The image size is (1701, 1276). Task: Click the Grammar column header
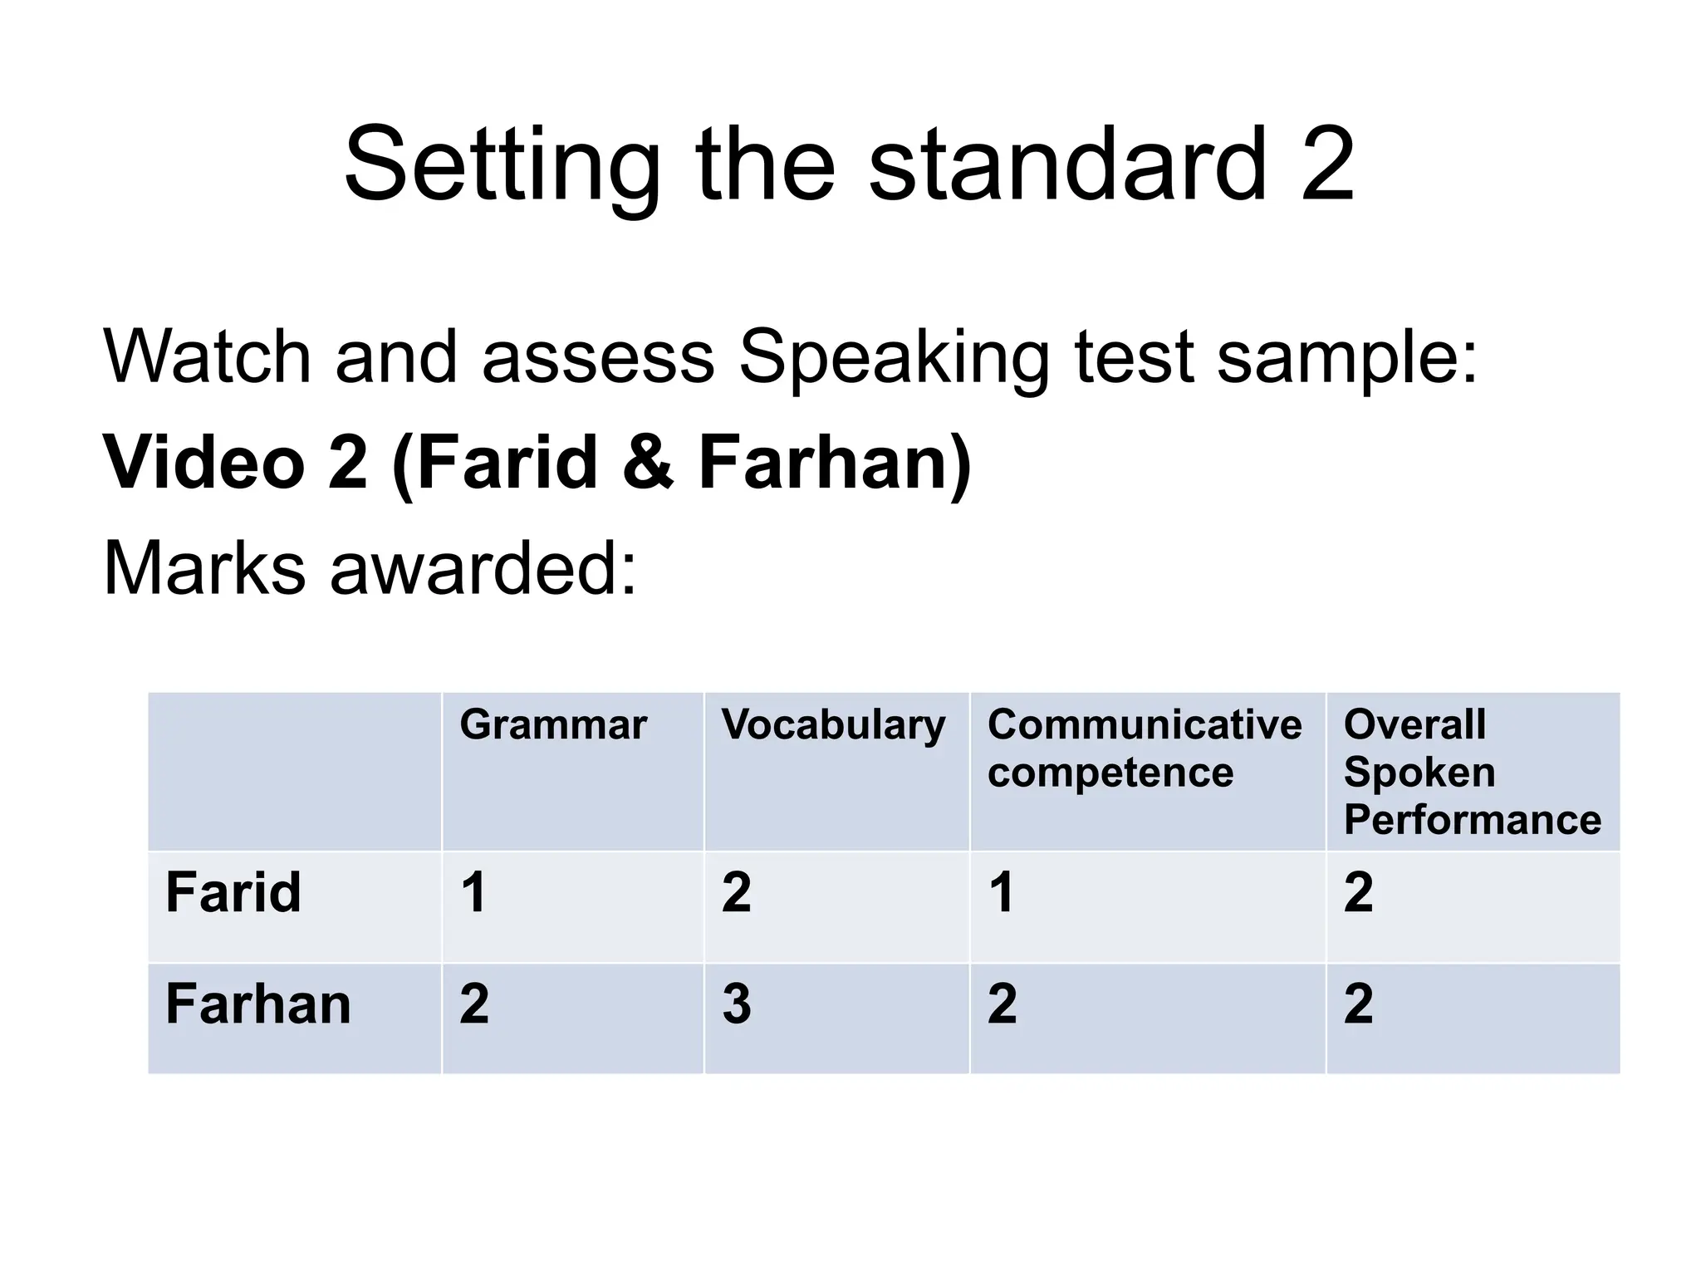(552, 724)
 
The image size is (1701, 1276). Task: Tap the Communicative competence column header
(1144, 748)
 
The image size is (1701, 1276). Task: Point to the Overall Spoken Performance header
(1472, 772)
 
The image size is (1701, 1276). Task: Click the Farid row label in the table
(233, 892)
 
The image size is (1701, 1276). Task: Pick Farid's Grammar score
(473, 892)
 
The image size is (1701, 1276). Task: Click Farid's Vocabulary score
(737, 892)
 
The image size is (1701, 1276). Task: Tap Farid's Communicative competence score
(1002, 892)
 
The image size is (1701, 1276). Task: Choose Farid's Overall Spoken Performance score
(1359, 892)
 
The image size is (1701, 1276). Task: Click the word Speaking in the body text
(894, 359)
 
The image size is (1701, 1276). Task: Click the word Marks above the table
(204, 569)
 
